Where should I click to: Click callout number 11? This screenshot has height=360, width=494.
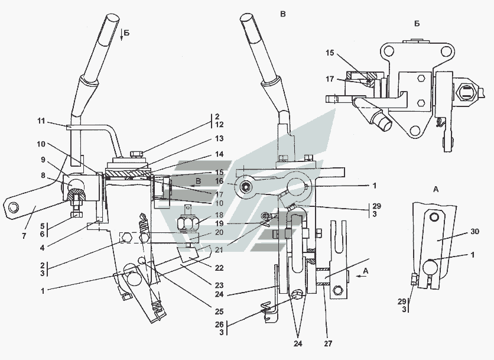tap(41, 121)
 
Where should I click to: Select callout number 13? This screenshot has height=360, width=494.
tap(219, 138)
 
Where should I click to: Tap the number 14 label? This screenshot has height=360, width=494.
tap(219, 154)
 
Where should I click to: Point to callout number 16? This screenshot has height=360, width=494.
tap(219, 181)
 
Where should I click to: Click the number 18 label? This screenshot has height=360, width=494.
tap(219, 215)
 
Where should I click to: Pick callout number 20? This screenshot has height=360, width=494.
tap(219, 232)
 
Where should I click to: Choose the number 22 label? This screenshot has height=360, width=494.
tap(219, 268)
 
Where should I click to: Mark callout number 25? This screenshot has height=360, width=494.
tap(219, 312)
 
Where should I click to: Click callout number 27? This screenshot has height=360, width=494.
tap(328, 343)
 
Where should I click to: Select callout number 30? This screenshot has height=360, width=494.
tap(474, 231)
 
